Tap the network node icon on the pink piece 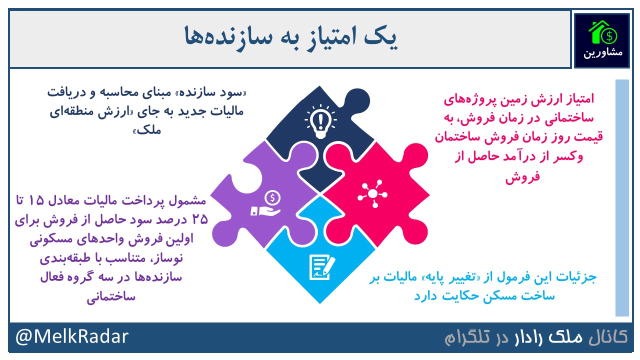pos(372,193)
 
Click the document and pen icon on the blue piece pos(322,267)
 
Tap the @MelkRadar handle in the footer pos(72,336)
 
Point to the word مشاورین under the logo pos(603,53)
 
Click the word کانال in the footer pos(608,337)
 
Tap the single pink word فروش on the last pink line pos(523,177)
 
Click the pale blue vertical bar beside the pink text pos(622,197)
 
